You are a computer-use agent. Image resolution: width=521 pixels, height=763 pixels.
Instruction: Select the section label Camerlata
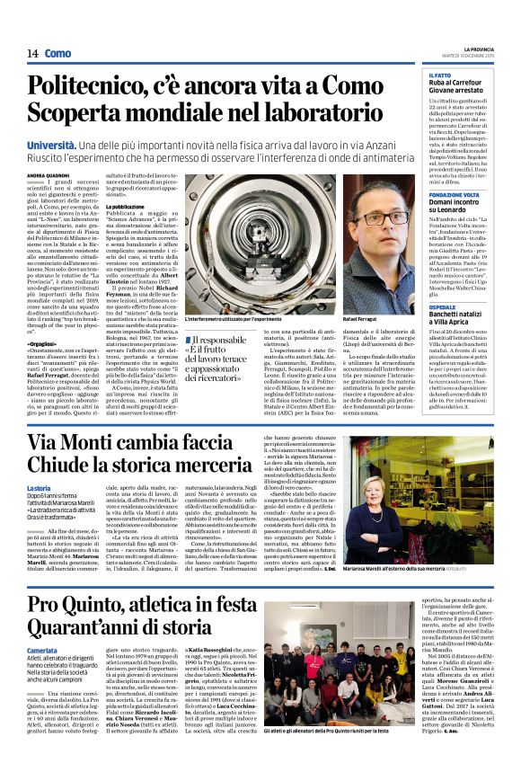coord(43,650)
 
